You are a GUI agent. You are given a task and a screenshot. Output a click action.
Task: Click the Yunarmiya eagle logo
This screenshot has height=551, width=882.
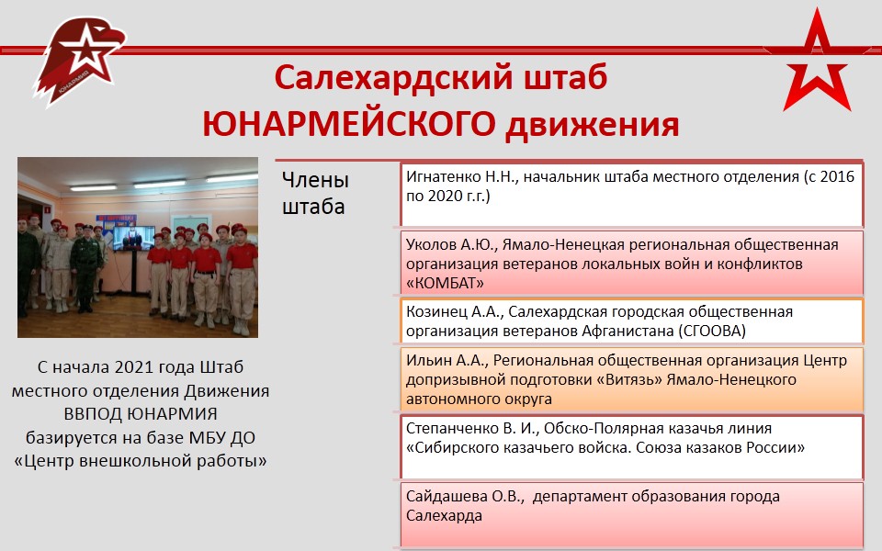80,61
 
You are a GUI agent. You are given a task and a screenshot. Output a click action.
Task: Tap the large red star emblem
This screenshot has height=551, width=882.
816,62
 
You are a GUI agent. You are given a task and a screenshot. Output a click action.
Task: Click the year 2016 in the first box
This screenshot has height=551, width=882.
837,176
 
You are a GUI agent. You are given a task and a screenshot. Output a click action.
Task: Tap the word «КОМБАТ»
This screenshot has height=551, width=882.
445,284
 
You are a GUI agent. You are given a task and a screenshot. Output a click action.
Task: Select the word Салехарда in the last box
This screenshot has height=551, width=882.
444,516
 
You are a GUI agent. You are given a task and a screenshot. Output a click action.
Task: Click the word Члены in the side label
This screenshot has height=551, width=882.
315,180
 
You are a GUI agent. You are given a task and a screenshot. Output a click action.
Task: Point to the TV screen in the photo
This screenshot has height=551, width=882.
133,238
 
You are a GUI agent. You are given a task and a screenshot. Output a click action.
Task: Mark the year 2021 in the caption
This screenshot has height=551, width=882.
134,367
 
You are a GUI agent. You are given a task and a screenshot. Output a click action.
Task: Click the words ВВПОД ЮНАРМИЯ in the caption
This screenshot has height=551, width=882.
140,414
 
